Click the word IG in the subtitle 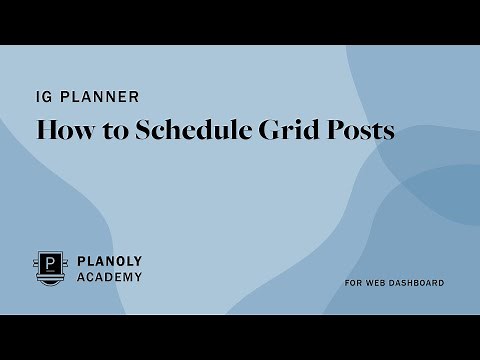tap(43, 97)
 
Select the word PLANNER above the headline tap(99, 97)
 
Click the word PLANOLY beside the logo tap(109, 261)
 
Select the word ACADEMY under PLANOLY tap(109, 277)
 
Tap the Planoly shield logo tap(51, 268)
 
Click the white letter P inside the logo tap(51, 265)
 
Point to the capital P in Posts tap(334, 130)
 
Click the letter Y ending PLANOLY tap(137, 261)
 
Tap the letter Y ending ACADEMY tap(137, 277)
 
